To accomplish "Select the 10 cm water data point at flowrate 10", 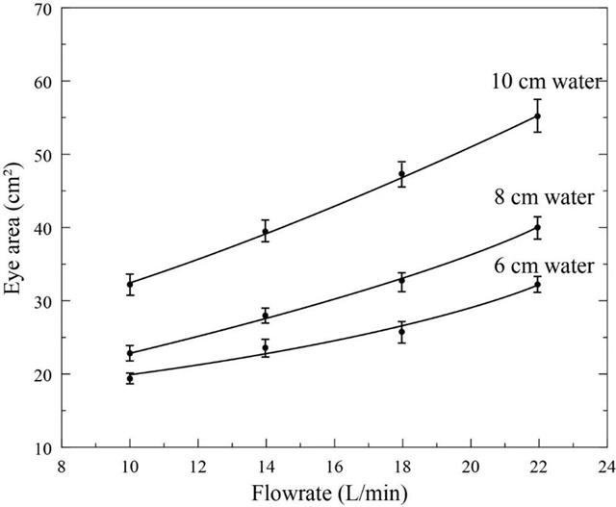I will pyautogui.click(x=130, y=285).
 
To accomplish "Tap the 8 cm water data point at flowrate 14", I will pyautogui.click(x=266, y=317).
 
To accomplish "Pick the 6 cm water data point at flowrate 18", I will pyautogui.click(x=401, y=332).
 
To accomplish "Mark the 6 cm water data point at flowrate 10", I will pyautogui.click(x=130, y=379).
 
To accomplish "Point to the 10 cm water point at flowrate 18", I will pyautogui.click(x=401, y=175).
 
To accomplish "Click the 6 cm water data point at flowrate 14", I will pyautogui.click(x=266, y=347).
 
